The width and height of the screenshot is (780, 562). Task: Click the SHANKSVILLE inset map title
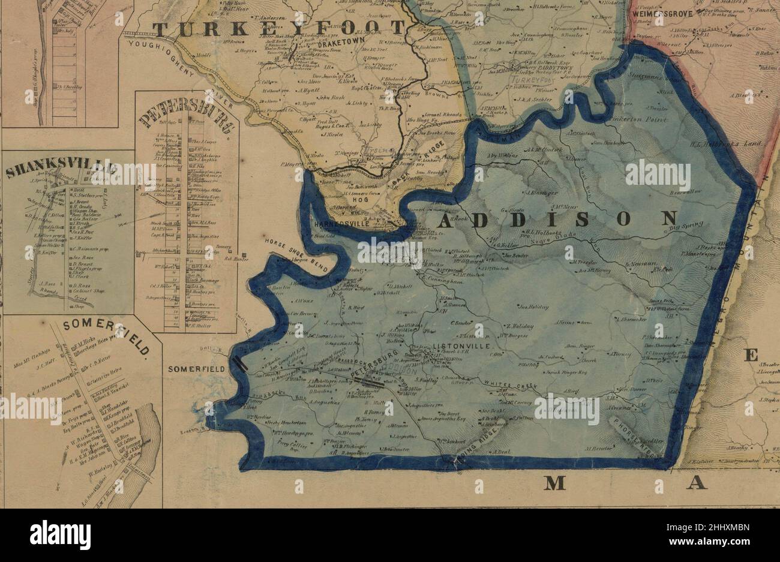pyautogui.click(x=66, y=170)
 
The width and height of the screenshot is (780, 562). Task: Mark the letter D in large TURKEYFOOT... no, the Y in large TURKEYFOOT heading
pyautogui.click(x=282, y=29)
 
